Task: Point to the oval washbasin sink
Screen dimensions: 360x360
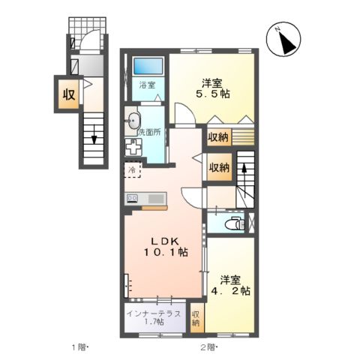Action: [133, 118]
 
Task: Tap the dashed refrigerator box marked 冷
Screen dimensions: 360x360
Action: [133, 171]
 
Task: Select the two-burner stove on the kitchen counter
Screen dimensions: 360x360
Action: [133, 198]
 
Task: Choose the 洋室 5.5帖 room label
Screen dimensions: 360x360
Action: [212, 89]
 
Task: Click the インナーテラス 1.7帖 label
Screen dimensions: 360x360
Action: [153, 316]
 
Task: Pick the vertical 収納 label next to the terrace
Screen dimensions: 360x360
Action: [195, 318]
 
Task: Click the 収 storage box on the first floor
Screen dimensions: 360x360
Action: [67, 94]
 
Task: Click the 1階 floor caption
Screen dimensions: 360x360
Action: [79, 346]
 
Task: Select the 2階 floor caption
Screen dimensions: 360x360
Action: [208, 346]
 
